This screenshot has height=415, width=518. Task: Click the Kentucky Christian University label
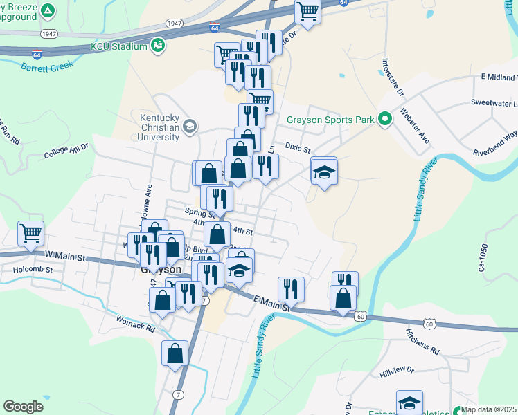[159, 127]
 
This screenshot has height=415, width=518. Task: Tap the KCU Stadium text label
[119, 46]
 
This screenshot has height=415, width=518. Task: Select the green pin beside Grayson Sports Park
[385, 120]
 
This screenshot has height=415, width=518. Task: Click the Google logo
[23, 407]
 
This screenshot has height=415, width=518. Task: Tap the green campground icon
[48, 11]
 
